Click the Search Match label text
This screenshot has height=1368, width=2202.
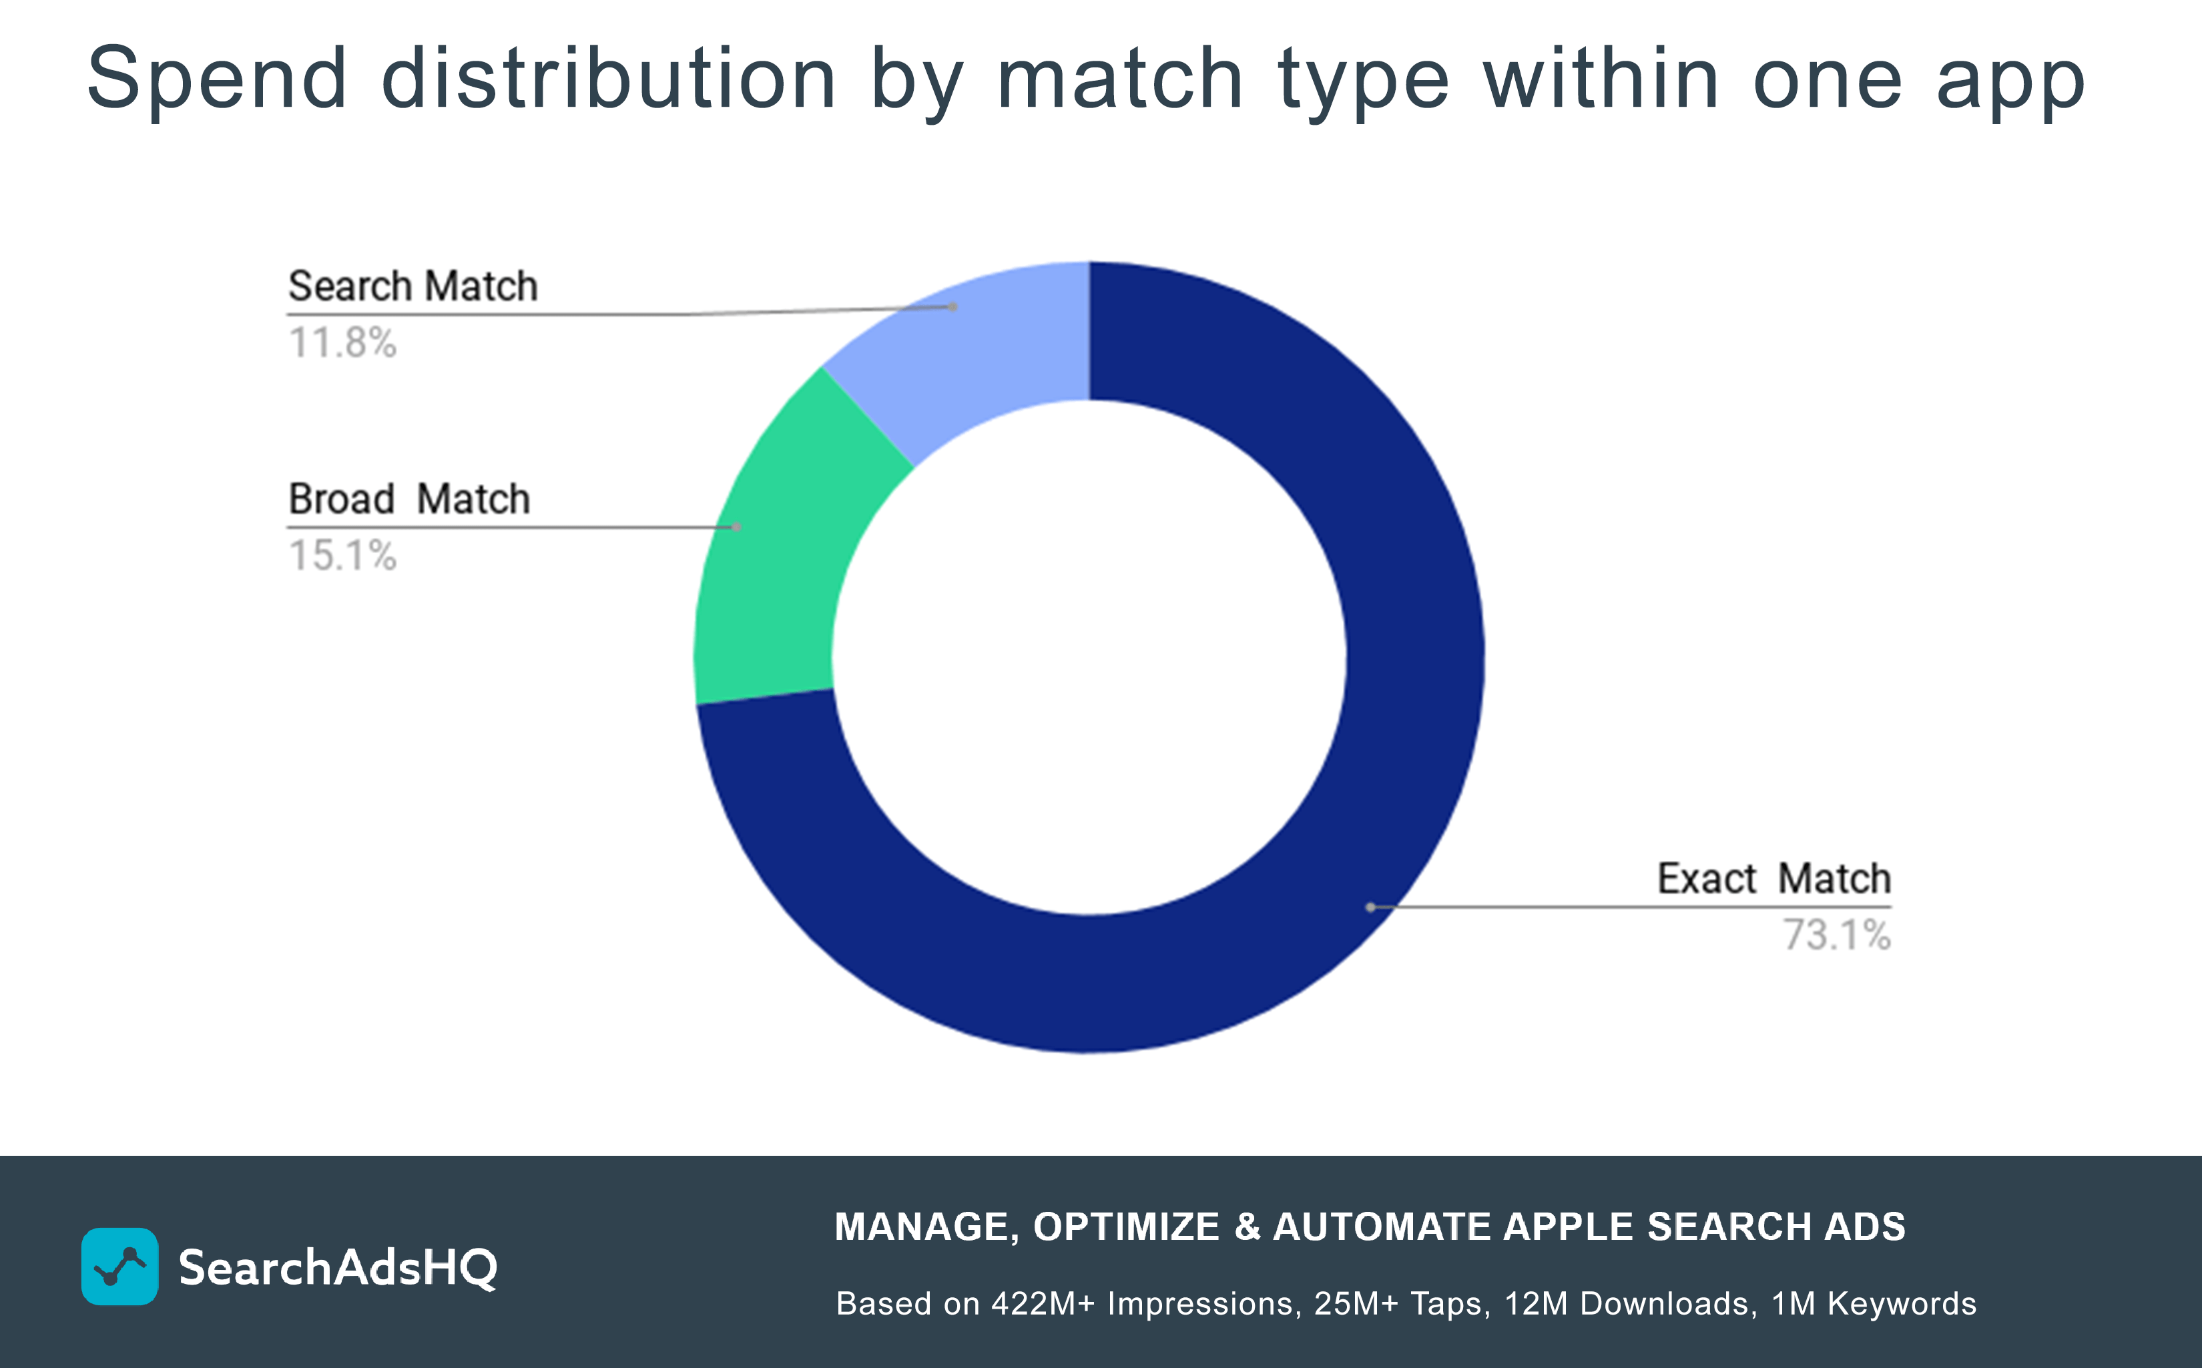click(x=412, y=287)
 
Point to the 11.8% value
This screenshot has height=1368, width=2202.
click(x=342, y=344)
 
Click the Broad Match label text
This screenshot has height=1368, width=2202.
click(x=409, y=499)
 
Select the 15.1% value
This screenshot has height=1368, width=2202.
click(x=342, y=555)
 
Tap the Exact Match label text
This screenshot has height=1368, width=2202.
click(x=1773, y=879)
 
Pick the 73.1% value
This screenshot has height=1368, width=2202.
click(x=1836, y=936)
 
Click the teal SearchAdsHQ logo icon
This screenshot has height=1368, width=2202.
click(x=119, y=1266)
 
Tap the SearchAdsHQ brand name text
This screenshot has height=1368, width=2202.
click(x=338, y=1268)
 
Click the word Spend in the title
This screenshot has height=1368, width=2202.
click(x=217, y=79)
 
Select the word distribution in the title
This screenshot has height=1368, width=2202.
click(x=608, y=79)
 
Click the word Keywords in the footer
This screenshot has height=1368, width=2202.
click(x=1902, y=1304)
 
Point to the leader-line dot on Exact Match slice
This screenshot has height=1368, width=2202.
click(x=1370, y=907)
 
